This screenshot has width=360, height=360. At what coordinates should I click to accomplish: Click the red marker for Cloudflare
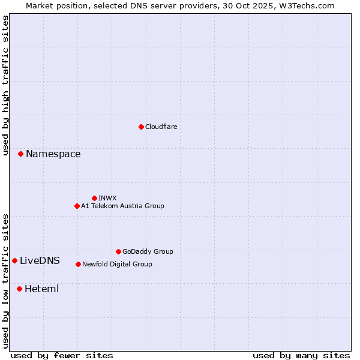141,127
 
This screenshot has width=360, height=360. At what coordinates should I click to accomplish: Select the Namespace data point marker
20,154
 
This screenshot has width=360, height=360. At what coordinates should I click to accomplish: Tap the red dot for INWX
94,198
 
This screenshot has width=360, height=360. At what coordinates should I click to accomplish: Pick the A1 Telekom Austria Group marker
77,206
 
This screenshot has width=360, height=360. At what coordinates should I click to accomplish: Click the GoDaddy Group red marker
118,251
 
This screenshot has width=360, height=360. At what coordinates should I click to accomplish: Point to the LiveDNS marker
14,260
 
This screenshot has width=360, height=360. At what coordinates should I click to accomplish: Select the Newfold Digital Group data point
78,264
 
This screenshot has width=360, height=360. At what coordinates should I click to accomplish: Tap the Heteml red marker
19,289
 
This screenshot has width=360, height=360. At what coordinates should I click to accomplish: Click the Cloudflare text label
161,127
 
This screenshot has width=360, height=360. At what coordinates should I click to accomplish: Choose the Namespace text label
53,154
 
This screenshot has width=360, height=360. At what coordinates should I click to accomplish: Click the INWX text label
107,198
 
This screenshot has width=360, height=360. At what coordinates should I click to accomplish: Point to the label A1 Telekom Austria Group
122,206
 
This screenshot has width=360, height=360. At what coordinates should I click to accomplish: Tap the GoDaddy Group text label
148,251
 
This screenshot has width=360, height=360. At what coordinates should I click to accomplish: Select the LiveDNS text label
40,260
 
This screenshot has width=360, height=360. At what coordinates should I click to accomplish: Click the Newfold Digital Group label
117,264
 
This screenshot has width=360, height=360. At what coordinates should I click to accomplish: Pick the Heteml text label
41,289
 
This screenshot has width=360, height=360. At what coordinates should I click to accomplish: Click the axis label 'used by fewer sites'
62,355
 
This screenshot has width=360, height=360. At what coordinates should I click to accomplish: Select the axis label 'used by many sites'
301,355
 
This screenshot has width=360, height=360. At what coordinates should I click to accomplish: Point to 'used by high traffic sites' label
6,85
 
